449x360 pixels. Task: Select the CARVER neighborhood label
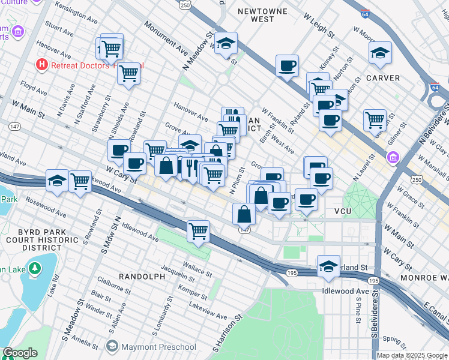[x=383, y=78]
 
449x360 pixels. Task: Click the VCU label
[x=343, y=212]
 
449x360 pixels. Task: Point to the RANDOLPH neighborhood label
[x=142, y=276]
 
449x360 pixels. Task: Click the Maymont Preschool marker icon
[x=111, y=346]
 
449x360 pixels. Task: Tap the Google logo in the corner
[x=20, y=353]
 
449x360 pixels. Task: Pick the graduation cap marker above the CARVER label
[x=381, y=53]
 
